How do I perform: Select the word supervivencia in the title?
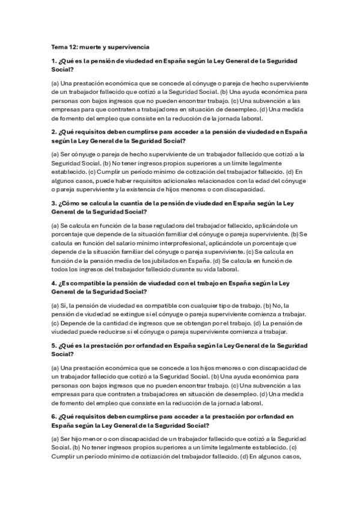coord(128,46)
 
